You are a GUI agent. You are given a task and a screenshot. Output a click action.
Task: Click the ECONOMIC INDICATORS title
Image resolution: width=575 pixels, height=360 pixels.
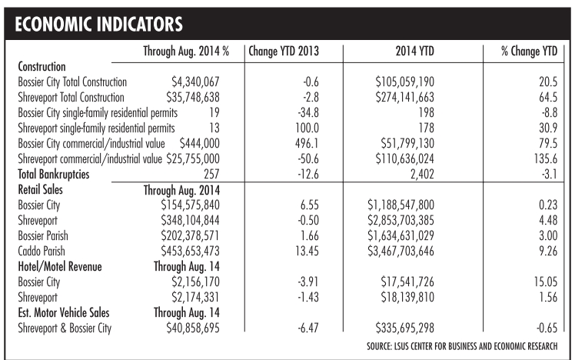click(x=98, y=24)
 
